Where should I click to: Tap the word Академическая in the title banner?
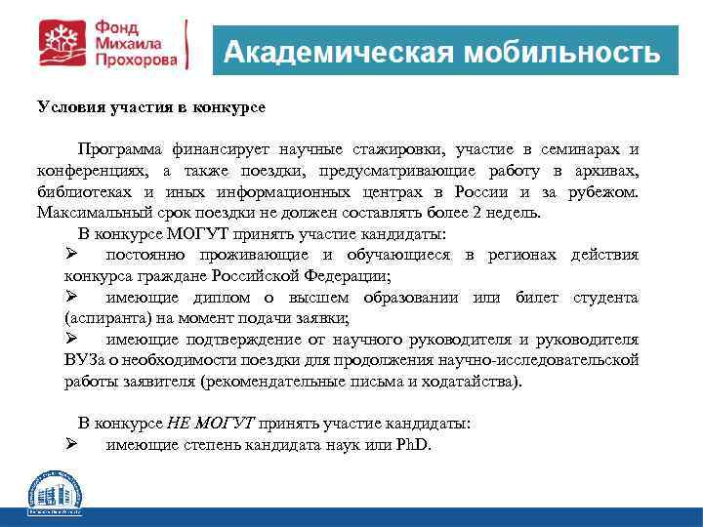click(x=338, y=52)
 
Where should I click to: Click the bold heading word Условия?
click(x=69, y=105)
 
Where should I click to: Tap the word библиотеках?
click(x=86, y=191)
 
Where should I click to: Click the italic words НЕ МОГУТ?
click(x=211, y=424)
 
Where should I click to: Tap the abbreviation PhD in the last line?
click(x=412, y=444)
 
